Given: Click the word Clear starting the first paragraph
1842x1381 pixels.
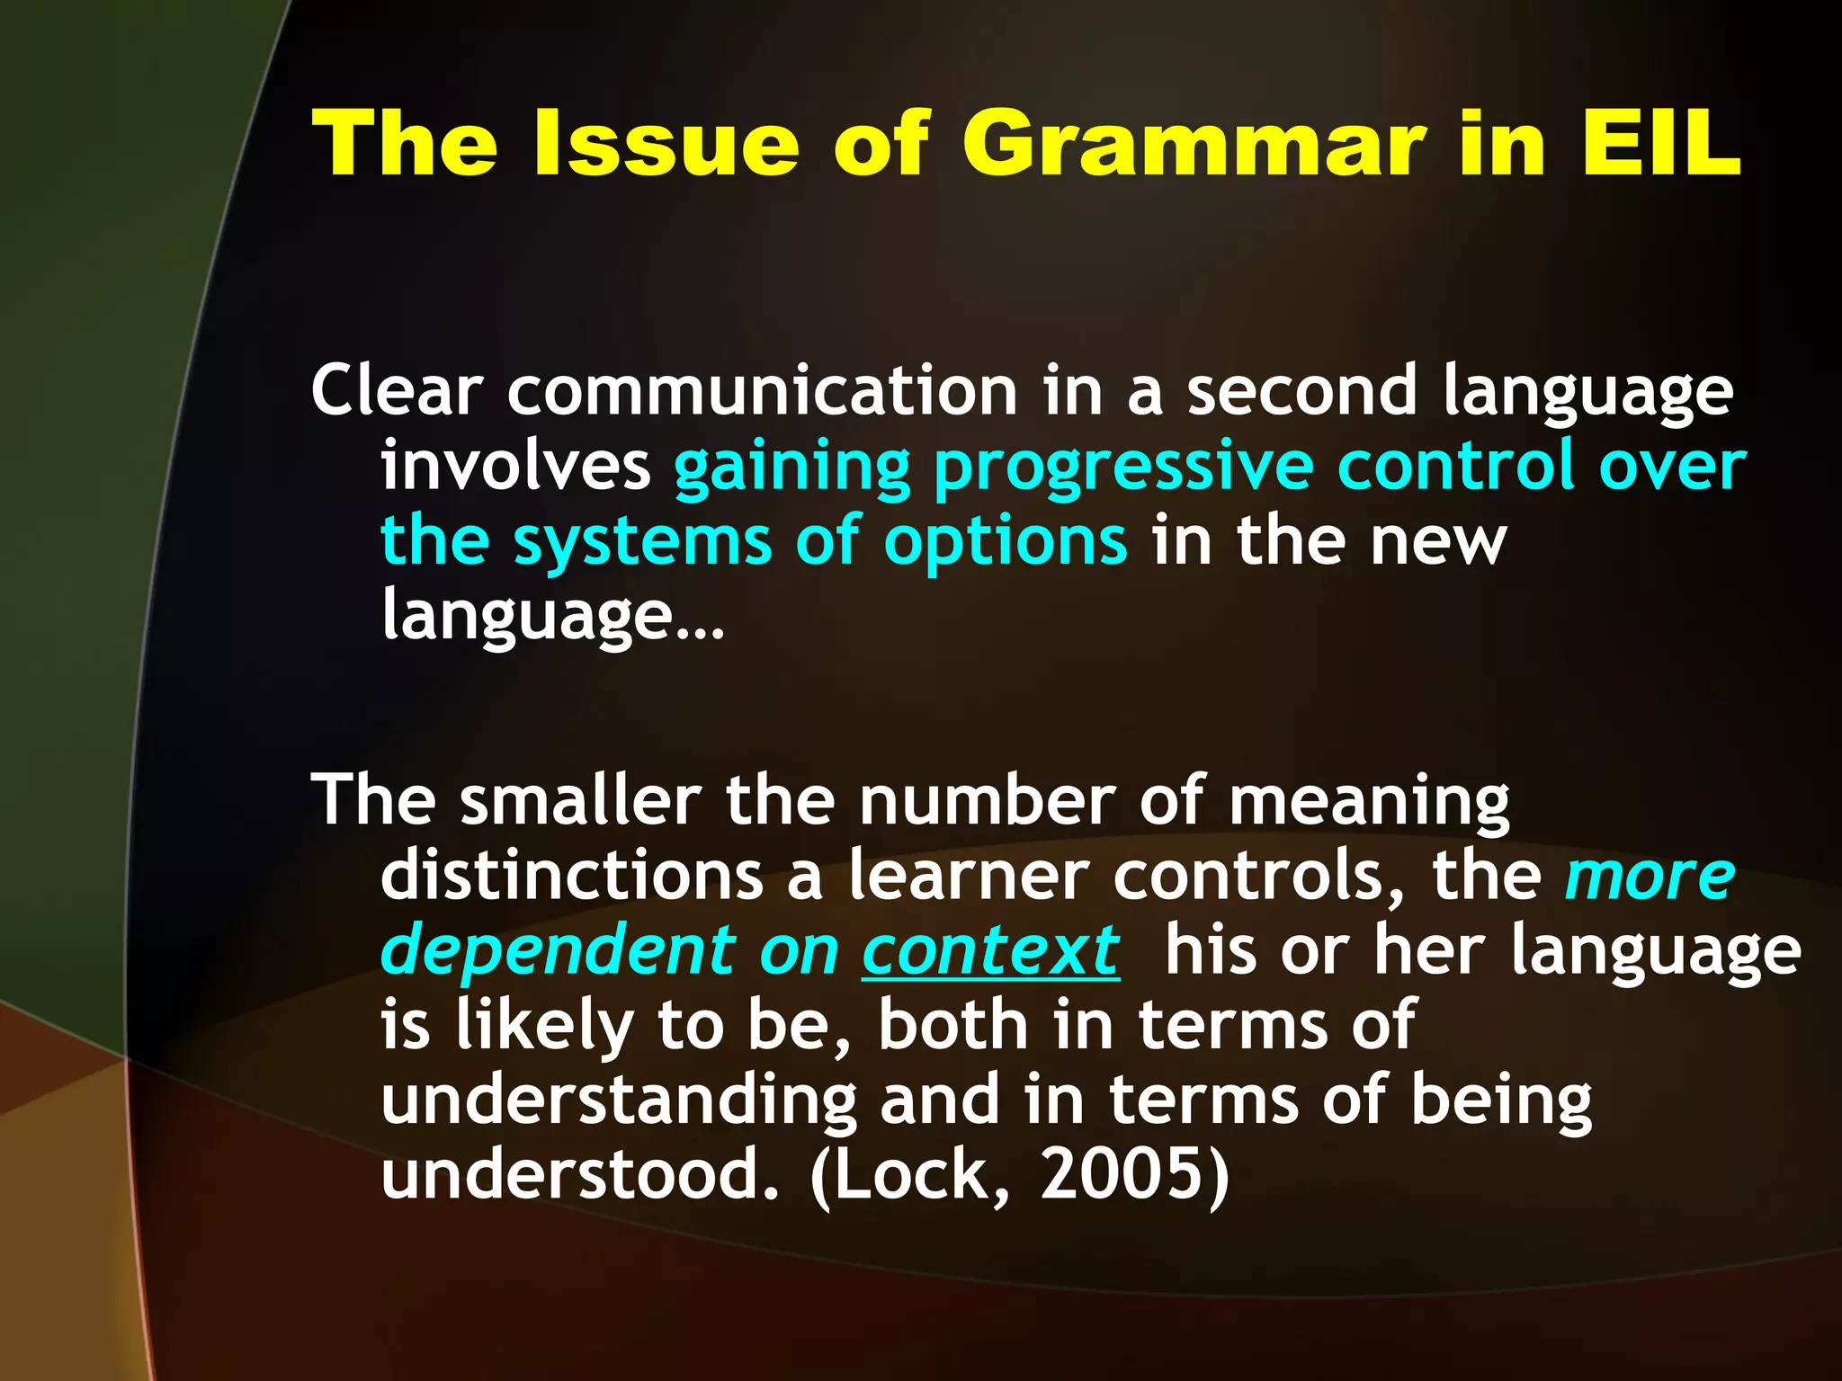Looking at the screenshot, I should tap(397, 391).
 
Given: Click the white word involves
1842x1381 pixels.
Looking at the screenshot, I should tap(515, 466).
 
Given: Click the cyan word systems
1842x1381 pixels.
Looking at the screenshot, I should tap(642, 542).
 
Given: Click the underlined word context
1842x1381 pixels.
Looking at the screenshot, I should tap(990, 951).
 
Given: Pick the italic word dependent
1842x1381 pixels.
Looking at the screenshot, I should tap(559, 951).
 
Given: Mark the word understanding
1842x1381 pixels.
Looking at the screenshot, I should tap(619, 1101).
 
